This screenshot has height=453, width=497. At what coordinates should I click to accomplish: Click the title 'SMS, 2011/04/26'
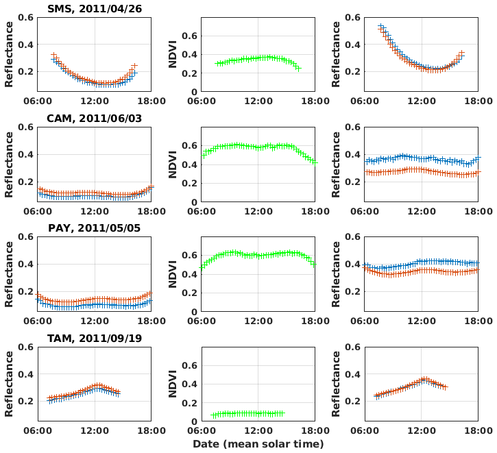pos(94,8)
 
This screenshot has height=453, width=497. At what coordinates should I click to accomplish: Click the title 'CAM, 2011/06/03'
pos(94,118)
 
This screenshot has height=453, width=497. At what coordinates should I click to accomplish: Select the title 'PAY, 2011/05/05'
pos(94,228)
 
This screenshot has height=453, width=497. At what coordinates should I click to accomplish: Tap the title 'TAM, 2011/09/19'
pos(94,338)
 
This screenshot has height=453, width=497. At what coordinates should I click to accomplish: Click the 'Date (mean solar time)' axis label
pos(258,444)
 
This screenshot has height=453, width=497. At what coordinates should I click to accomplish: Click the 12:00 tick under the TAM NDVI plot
pos(257,430)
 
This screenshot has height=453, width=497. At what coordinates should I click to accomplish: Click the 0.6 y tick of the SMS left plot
pos(26,17)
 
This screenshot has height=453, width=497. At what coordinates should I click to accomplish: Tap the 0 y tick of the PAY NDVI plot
pos(194,312)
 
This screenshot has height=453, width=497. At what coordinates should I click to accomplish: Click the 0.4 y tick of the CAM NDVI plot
pos(189,164)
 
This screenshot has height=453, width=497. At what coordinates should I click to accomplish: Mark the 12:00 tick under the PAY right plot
pos(420,320)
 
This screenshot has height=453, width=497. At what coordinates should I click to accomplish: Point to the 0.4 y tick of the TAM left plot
pos(26,374)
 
